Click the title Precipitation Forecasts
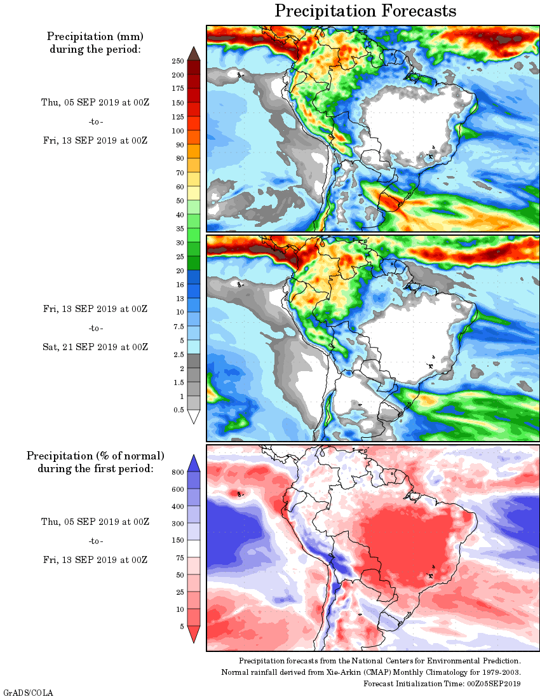(365, 11)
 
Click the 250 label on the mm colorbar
(177, 61)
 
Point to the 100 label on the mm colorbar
(177, 131)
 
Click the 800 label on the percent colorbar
(177, 472)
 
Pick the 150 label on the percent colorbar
(177, 541)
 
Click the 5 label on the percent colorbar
(181, 627)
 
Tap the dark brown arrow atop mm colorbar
(194, 53)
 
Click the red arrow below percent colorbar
(194, 634)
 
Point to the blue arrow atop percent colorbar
(194, 463)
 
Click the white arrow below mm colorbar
(194, 417)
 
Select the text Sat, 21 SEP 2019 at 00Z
(95, 347)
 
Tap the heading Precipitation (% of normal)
(95, 456)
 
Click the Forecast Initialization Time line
(442, 684)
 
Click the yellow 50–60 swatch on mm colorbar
(194, 193)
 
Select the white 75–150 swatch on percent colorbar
(194, 549)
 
